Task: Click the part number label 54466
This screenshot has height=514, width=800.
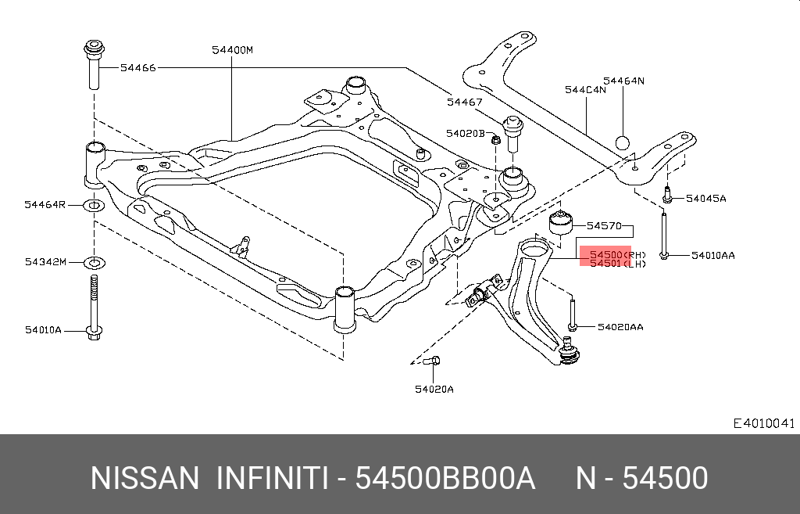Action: pos(138,68)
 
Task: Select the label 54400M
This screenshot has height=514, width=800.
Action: pos(232,50)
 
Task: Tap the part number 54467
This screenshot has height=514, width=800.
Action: pos(465,102)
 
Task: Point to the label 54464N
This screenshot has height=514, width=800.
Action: pos(623,81)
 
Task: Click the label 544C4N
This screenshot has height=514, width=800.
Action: pos(585,90)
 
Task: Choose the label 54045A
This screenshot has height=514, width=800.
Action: pos(706,199)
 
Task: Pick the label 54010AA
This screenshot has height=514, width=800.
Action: pos(712,255)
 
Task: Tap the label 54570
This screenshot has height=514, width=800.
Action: pos(604,226)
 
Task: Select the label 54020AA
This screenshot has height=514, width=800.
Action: pos(620,326)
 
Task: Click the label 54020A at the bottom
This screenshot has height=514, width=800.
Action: pos(434,389)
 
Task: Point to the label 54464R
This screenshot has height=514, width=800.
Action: pos(44,205)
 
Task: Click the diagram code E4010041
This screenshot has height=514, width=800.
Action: pos(763,423)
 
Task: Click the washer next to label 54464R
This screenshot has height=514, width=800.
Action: pos(94,206)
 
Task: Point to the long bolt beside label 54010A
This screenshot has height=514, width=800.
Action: pos(94,309)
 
